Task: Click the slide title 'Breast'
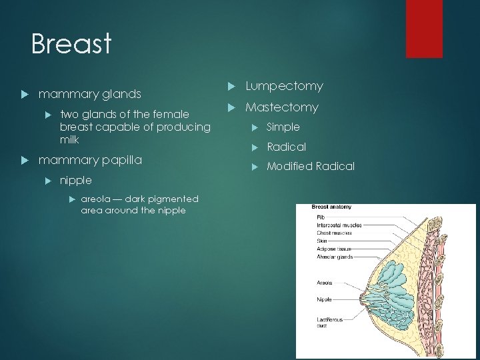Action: point(71,44)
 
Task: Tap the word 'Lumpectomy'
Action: point(284,86)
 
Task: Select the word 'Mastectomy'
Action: point(282,107)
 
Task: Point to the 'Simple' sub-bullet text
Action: point(283,127)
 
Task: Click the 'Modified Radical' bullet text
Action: point(310,166)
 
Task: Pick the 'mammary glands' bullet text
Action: point(89,94)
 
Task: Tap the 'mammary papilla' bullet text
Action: point(90,160)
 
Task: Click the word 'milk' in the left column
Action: point(69,140)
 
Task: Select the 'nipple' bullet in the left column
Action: point(75,180)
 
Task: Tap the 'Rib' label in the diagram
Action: point(321,217)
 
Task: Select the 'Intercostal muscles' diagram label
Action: point(339,225)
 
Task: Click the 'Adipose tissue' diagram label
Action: point(334,248)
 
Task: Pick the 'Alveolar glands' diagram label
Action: point(335,256)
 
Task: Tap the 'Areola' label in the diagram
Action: point(325,283)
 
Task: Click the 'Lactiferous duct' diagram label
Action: point(330,323)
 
